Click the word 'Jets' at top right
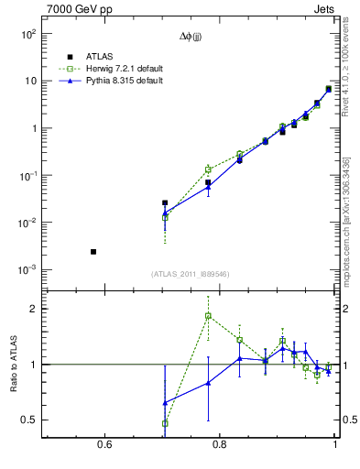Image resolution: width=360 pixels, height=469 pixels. [326, 11]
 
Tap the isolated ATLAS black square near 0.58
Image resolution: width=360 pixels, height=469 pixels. [93, 251]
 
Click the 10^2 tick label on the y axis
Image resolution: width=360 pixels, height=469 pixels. [28, 34]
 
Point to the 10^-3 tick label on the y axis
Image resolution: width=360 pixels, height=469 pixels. [27, 270]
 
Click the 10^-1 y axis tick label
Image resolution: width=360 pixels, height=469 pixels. [27, 176]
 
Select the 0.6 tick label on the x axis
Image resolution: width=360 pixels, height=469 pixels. [104, 445]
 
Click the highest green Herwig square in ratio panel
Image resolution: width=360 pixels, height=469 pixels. [208, 316]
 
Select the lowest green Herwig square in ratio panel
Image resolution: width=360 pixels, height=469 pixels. [165, 423]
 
